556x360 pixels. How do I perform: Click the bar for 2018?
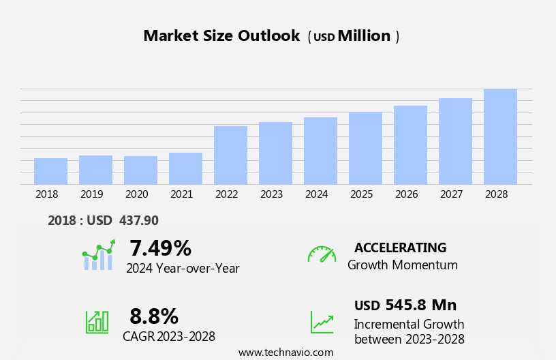50,171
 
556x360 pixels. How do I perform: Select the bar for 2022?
230,155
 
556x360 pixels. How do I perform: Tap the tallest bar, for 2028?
500,136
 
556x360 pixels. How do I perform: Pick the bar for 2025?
365,148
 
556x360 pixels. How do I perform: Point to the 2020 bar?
140,170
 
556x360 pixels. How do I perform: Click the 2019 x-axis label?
91,194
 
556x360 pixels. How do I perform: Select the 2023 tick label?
271,194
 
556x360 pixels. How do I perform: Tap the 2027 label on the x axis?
451,194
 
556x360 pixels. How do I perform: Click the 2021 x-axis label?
181,194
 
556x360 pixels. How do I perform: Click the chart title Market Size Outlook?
221,36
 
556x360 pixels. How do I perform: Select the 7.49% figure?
160,248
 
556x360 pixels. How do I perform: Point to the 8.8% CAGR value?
154,316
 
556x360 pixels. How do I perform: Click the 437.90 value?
138,221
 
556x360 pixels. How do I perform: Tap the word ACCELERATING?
400,247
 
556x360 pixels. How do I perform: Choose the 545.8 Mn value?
420,305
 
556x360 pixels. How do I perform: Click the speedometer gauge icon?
322,254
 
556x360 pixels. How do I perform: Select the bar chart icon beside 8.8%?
97,321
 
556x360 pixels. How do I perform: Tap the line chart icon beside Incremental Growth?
322,322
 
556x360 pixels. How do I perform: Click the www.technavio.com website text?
285,352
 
